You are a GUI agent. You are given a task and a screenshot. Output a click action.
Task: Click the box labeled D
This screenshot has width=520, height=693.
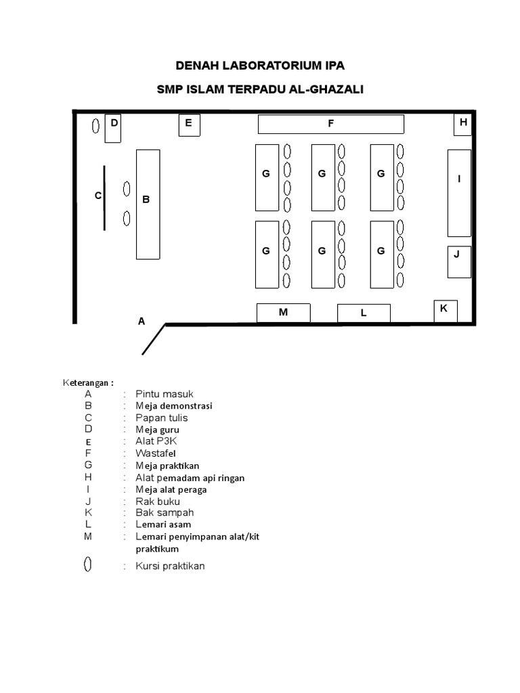pos(113,128)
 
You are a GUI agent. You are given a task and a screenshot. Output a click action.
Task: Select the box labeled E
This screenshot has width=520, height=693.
pos(189,126)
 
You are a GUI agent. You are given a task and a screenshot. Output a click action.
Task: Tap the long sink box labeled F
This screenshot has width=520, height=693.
pos(330,124)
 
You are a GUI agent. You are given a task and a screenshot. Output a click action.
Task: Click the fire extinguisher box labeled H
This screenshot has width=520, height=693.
pos(462,125)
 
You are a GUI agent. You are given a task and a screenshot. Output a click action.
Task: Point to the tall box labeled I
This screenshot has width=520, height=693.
pos(459,193)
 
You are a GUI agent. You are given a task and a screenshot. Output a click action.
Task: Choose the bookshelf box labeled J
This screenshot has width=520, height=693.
pos(459,262)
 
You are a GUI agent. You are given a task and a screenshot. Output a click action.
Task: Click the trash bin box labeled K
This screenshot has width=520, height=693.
pos(445,311)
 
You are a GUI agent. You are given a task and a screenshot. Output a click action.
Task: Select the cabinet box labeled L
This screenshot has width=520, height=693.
pos(364,313)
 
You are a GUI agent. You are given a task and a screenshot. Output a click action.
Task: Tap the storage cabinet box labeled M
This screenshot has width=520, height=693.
pos(283,313)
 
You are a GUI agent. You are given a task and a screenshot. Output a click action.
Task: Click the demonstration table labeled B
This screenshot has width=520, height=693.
pos(148,204)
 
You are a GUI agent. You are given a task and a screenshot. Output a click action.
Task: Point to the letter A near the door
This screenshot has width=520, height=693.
pos(142,321)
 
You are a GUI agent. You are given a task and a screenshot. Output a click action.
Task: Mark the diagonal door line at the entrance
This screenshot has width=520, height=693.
pos(154,339)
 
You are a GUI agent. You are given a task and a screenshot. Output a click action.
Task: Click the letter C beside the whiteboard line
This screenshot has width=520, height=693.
pos(97,196)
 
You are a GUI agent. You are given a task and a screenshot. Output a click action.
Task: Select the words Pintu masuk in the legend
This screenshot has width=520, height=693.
pos(165,394)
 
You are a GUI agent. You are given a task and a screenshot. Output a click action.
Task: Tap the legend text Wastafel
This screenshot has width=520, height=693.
pos(157,453)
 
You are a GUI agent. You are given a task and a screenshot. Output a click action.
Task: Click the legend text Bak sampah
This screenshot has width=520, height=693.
pos(165,512)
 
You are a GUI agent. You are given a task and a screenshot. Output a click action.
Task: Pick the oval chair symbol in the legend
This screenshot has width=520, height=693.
pos(88,565)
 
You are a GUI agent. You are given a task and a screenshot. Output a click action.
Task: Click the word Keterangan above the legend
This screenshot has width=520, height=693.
pos(88,382)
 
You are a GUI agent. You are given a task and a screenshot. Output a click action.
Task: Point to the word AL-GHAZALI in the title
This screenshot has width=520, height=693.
pos(326,89)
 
